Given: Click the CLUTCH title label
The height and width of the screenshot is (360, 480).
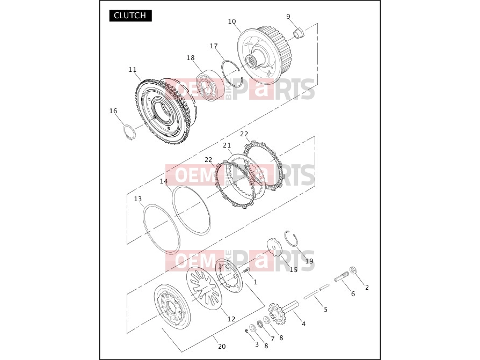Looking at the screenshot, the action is coord(130,16).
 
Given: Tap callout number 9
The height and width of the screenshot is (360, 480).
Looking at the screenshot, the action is coord(288,17).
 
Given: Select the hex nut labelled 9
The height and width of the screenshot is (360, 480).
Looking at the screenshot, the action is coord(299,32).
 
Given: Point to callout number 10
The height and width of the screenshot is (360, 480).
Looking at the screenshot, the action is coord(232,21).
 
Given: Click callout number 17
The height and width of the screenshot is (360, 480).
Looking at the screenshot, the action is coord(214,46).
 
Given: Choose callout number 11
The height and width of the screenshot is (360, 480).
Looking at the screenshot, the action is coord(133,70).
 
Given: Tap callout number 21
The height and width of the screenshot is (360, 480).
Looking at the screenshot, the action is coord(227,145).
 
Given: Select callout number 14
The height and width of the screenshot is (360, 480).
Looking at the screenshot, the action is coord(164,181).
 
